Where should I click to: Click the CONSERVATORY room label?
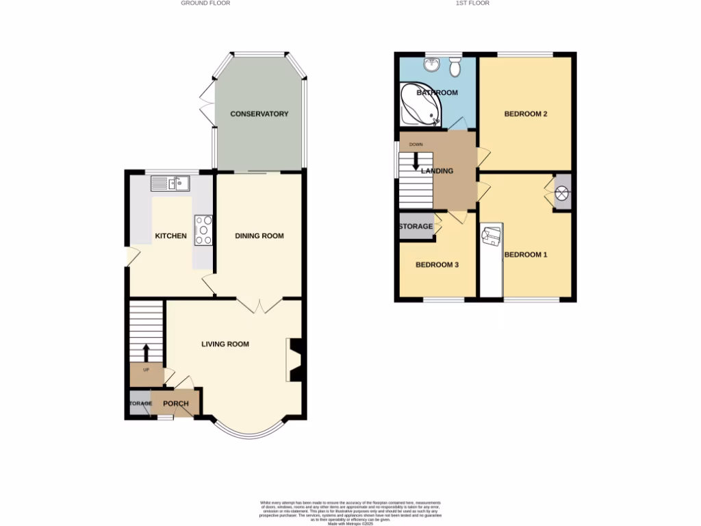tap(259, 114)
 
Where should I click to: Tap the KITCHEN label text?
tap(170, 236)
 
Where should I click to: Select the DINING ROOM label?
tap(259, 236)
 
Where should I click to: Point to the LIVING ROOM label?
tap(225, 344)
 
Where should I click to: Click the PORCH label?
tap(176, 403)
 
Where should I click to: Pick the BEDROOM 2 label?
tap(525, 114)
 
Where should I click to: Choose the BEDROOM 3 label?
tap(437, 265)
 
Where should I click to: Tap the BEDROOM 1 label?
tap(526, 255)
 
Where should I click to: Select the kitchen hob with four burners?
tap(204, 229)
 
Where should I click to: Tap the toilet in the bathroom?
tap(455, 67)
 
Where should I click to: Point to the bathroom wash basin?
tap(431, 65)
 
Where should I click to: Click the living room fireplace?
tap(294, 359)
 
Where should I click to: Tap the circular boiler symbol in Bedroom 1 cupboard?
tap(562, 194)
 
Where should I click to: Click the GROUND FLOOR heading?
tap(205, 3)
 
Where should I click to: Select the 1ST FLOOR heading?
tap(472, 3)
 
